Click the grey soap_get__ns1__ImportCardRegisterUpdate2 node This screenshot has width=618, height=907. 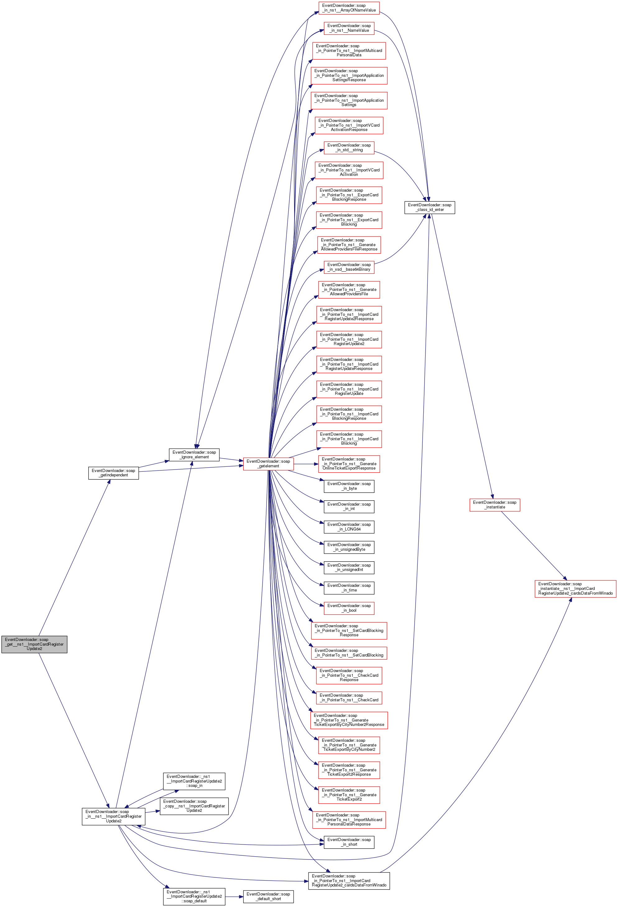[x=34, y=644]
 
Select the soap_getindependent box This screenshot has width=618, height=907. [x=114, y=473]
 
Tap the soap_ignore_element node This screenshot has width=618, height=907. [x=194, y=455]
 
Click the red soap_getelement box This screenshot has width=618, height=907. [x=268, y=464]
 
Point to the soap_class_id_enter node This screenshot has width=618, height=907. [x=430, y=207]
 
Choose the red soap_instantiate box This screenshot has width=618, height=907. [x=495, y=505]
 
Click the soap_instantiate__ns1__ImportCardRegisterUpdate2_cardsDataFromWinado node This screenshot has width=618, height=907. [x=575, y=588]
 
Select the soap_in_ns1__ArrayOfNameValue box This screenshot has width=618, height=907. [x=349, y=8]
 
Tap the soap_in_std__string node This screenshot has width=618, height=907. [x=349, y=147]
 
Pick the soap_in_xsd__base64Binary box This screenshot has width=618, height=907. [x=349, y=267]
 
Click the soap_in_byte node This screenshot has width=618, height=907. [x=349, y=486]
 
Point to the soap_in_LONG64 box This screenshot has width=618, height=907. [x=349, y=527]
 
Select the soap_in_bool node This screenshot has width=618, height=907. [x=349, y=608]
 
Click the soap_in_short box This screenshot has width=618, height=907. [x=349, y=842]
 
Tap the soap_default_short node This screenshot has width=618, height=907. [x=268, y=896]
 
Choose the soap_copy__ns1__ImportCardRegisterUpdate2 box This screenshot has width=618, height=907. [x=194, y=806]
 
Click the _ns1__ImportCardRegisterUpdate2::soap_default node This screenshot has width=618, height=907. [x=194, y=896]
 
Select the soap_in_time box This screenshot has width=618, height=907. [x=349, y=588]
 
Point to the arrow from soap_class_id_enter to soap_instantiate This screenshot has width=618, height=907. [x=462, y=355]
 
